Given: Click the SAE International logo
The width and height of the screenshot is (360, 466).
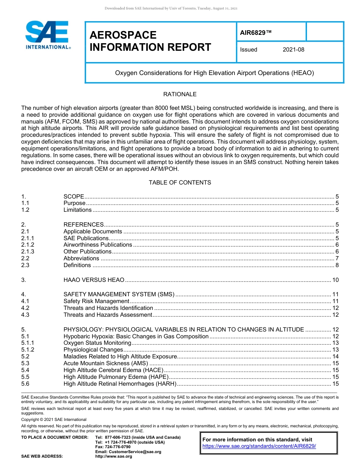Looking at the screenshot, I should click(47, 35).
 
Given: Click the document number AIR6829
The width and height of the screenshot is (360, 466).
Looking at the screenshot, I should click(256, 33).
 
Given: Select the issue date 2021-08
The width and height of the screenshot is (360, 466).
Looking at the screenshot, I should click(293, 50).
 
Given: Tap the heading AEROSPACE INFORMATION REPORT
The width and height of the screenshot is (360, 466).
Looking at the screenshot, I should click(150, 41).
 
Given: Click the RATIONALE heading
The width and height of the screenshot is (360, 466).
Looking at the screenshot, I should click(180, 94).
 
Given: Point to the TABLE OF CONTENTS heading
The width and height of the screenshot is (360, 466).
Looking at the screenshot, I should click(180, 183).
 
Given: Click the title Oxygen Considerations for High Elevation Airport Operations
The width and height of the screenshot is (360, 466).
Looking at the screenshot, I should click(214, 73).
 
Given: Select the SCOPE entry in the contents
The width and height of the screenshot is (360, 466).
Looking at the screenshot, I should click(74, 196).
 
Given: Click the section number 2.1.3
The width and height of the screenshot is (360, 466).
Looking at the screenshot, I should click(28, 252).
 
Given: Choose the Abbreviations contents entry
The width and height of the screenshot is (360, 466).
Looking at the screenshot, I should click(81, 258).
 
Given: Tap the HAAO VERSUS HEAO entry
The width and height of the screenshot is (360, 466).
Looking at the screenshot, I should click(94, 280).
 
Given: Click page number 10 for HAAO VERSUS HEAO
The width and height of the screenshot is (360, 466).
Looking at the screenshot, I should click(335, 280).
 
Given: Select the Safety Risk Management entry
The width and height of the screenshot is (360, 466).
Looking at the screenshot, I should click(96, 301).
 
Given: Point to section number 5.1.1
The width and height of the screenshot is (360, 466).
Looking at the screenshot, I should click(28, 343).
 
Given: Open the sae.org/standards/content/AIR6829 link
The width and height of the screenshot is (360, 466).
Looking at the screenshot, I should click(259, 446).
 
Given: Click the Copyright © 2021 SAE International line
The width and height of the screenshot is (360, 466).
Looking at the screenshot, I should click(54, 419).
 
